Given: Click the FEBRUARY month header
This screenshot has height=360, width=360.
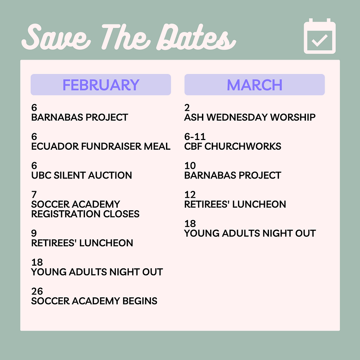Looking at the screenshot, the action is [x=101, y=85].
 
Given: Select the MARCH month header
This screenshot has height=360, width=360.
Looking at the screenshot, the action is [x=255, y=85].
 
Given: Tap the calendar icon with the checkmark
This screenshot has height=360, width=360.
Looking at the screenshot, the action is [x=320, y=36].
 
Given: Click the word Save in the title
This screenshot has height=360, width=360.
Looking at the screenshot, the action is [x=56, y=37].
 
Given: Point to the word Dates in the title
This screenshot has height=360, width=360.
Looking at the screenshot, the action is [x=196, y=37].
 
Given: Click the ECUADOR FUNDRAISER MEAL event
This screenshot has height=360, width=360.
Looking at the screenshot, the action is [x=101, y=147].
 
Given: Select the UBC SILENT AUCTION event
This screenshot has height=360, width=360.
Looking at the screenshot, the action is [x=81, y=175].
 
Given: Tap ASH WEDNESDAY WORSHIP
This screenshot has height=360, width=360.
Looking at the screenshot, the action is [x=250, y=117].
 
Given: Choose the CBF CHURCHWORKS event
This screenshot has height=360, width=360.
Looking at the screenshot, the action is [x=233, y=147].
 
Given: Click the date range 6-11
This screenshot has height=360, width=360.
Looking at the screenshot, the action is [x=195, y=137].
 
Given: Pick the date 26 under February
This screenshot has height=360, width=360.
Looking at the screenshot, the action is [x=37, y=291].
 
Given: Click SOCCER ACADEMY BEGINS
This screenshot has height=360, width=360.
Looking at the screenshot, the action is [x=94, y=301].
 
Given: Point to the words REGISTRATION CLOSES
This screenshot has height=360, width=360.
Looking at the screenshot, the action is [x=85, y=214].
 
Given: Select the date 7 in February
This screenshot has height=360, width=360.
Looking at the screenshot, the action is [x=34, y=195].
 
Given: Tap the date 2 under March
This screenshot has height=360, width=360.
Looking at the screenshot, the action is [x=187, y=108].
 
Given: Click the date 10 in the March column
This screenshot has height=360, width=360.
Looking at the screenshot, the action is [x=190, y=166].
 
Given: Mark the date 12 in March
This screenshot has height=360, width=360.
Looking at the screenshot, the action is [x=190, y=195].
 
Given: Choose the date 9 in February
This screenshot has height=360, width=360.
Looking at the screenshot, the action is [x=34, y=233].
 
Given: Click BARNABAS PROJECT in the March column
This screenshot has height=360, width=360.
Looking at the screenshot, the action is [x=233, y=175].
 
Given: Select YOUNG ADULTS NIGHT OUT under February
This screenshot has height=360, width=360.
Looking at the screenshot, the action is [x=97, y=272].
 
